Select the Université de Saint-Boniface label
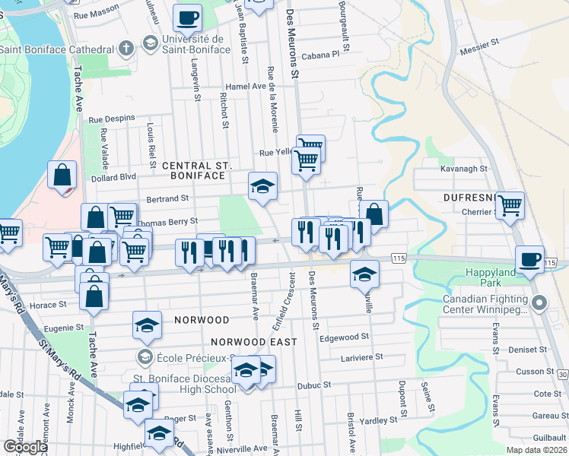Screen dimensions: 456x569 (x=190, y=44)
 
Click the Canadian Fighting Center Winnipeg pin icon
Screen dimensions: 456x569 (x=540, y=304)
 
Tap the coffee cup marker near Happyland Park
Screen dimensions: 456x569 (x=530, y=259)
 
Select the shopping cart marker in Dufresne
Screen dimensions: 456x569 (x=510, y=204)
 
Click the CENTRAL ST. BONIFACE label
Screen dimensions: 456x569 (x=196, y=170)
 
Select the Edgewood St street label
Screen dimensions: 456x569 (x=345, y=337)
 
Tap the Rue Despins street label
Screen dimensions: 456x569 (x=112, y=119)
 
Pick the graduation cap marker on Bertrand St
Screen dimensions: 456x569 (x=262, y=185)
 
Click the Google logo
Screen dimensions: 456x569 (x=25, y=447)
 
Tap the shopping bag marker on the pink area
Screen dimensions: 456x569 (x=62, y=175)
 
